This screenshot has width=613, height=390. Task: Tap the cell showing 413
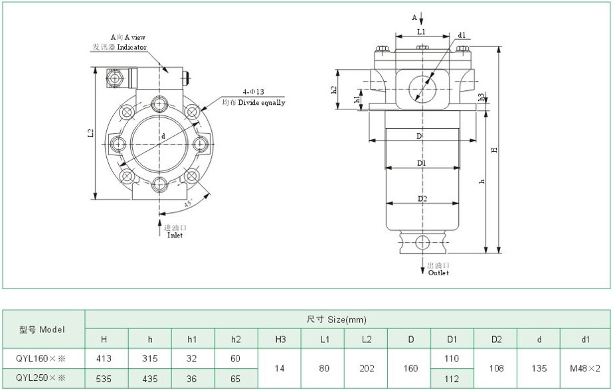104,359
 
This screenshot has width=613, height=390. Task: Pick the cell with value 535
104,379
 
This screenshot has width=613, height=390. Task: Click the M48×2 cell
585,369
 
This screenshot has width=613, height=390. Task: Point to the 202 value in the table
367,369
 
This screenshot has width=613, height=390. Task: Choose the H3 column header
280,340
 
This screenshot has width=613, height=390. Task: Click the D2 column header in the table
495,340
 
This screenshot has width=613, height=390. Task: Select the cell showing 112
452,379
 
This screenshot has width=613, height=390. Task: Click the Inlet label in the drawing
175,235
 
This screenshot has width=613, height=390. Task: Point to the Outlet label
438,273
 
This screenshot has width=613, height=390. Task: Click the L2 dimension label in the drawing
91,133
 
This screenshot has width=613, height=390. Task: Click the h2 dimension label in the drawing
333,90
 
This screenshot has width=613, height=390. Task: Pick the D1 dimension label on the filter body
422,162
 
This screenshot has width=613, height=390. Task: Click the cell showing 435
149,379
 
